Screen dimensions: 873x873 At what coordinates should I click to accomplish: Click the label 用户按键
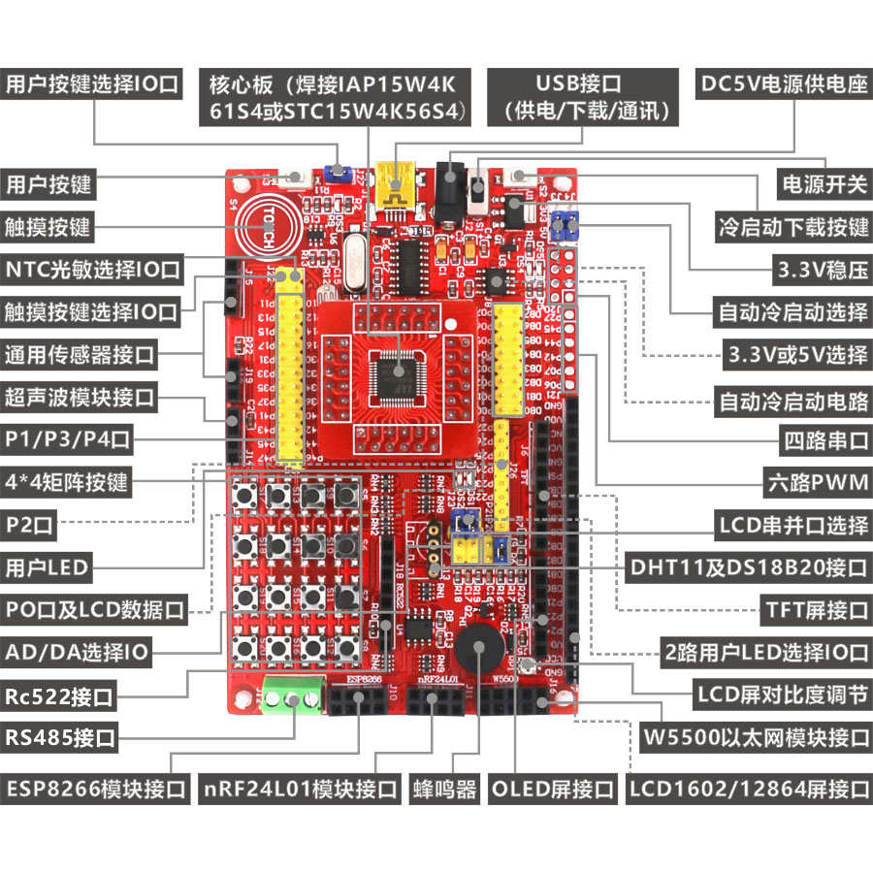tap(48, 183)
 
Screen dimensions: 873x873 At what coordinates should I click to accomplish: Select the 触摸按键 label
tap(48, 226)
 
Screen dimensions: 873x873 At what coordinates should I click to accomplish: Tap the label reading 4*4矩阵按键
tap(66, 481)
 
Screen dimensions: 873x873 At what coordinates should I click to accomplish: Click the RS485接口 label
tap(60, 738)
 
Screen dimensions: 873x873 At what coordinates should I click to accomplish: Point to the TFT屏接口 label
tap(818, 610)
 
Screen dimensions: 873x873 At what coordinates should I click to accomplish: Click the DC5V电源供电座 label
tap(784, 83)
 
